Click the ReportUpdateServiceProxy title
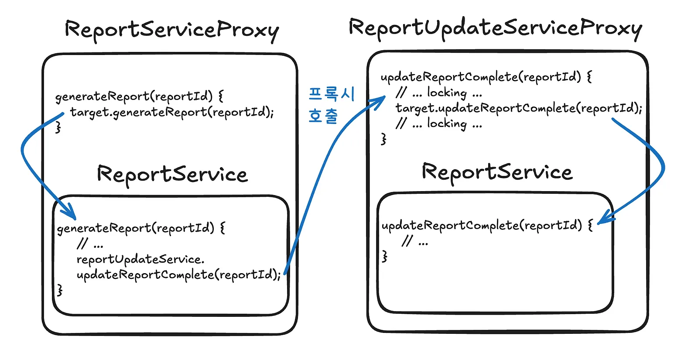pos(495,28)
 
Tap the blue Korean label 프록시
pos(332,94)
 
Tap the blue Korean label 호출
pos(323,116)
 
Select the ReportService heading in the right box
pos(497,172)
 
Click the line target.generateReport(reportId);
pos(172,112)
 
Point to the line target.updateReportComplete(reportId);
pos(519,108)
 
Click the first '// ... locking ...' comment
pos(439,93)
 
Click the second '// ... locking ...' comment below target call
pos(439,123)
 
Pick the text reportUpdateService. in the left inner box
pos(140,259)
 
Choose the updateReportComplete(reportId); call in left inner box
pos(179,275)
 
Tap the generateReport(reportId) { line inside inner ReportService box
pos(141,228)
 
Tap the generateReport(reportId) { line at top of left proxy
pos(139,96)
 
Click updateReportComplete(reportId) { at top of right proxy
pos(486,77)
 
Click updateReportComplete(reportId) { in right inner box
pos(487,225)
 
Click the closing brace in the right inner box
pos(385,256)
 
